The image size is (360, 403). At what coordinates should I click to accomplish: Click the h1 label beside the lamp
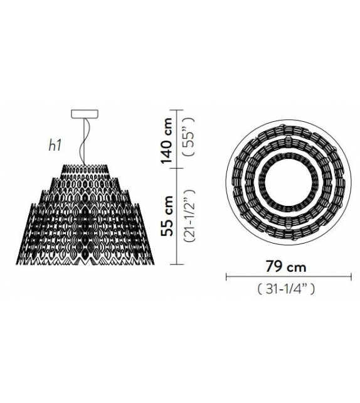[55, 146]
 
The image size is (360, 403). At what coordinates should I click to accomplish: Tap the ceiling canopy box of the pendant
[85, 114]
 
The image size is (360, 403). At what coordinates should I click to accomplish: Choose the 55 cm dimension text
[166, 216]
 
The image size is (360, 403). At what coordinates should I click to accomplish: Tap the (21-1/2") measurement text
[189, 215]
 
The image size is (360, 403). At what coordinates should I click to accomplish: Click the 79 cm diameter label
[286, 267]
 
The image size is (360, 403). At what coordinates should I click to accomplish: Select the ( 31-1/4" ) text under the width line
[286, 289]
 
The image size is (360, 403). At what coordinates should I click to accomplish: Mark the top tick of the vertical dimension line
[176, 110]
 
